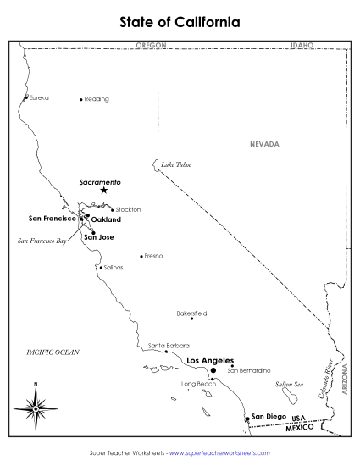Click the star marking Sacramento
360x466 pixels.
(104, 191)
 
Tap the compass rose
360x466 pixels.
(36, 408)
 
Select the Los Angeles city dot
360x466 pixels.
(213, 370)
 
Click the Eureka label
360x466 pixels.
(39, 98)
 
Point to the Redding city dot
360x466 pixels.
(81, 99)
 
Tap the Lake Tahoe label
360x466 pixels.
(176, 164)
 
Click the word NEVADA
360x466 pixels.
(263, 144)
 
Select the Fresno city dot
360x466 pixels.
(141, 256)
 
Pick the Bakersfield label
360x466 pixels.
(191, 312)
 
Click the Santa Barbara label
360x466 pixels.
(169, 346)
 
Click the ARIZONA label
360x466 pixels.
(345, 378)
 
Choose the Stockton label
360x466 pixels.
(128, 209)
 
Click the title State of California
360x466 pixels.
(180, 21)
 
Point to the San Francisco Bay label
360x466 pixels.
(42, 241)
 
